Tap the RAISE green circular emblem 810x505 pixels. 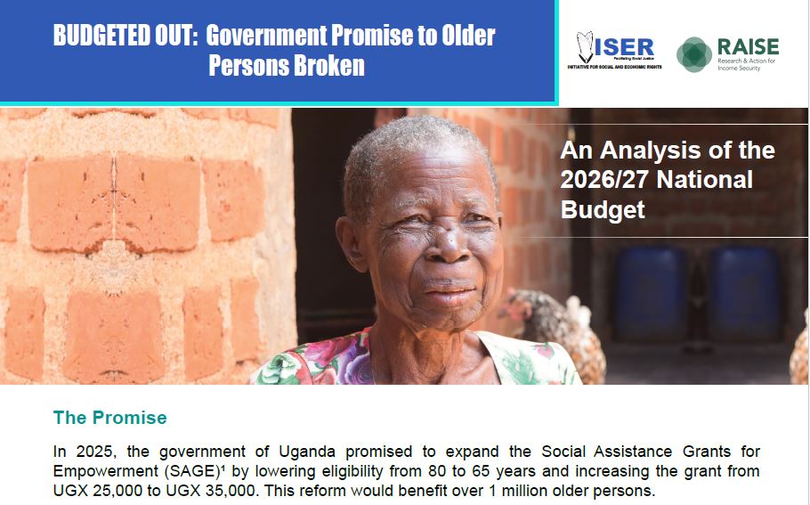click(x=694, y=54)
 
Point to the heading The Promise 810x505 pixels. click(x=109, y=417)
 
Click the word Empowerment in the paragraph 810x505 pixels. click(x=103, y=471)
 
